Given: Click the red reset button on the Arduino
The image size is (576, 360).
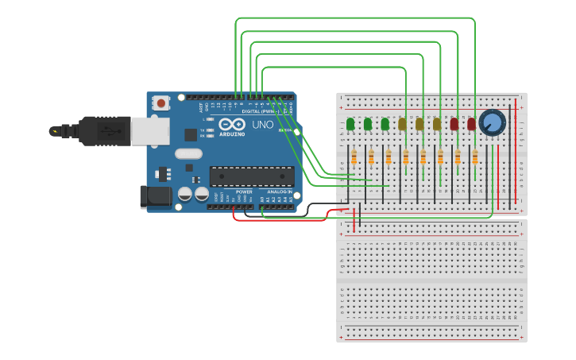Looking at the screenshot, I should click(161, 103).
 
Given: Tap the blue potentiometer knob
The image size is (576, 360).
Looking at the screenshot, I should click(493, 122).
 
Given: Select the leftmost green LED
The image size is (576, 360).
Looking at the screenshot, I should click(350, 124).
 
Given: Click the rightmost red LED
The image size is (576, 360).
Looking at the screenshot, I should click(472, 124).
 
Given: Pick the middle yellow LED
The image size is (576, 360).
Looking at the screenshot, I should click(419, 124).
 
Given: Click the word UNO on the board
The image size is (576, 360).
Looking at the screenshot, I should click(262, 125).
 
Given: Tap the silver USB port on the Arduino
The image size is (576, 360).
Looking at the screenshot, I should click(150, 131).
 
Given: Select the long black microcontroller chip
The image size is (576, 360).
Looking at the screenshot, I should click(250, 176).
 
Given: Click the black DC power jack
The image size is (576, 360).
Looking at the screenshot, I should click(156, 197).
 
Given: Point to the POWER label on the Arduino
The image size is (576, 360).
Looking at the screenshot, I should click(244, 192).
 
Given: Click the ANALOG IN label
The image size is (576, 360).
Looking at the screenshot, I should click(278, 192).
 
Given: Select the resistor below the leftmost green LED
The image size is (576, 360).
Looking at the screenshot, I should click(354, 157).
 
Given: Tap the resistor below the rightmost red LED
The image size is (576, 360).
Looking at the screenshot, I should click(475, 157).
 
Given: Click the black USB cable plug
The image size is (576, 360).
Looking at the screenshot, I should click(103, 130).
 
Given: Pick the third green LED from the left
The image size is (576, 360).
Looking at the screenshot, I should click(385, 124).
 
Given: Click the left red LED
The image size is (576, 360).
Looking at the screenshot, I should click(454, 124).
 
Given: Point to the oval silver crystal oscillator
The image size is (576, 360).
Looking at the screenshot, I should click(188, 153).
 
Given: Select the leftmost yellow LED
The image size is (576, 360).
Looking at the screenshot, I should click(403, 124).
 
